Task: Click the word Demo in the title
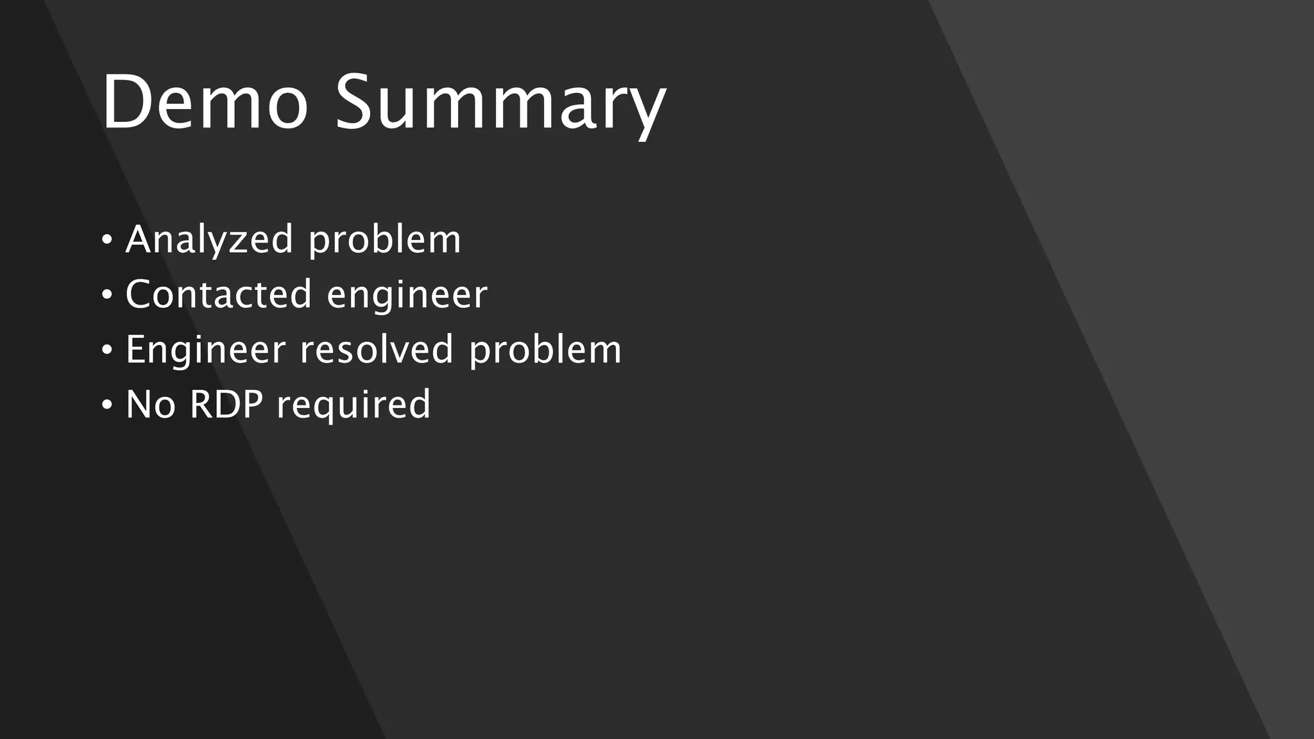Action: point(205,103)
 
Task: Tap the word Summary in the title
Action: point(500,106)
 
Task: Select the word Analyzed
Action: point(209,241)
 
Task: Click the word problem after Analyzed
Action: point(384,241)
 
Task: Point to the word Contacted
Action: point(218,294)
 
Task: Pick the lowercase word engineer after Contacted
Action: point(407,296)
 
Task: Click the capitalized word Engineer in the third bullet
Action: point(205,351)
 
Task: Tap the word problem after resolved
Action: point(545,351)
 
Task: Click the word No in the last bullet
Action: point(151,405)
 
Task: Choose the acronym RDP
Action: point(226,405)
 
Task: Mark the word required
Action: point(354,407)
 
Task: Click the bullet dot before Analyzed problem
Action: point(107,241)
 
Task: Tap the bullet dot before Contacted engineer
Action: point(107,296)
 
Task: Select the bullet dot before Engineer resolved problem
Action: point(107,350)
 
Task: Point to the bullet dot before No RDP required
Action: point(107,405)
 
